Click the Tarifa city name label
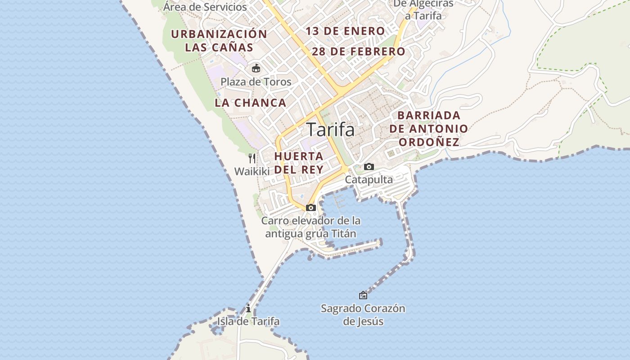[330, 130]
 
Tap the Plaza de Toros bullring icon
[256, 68]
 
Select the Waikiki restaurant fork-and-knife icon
[252, 158]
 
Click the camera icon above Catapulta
[369, 167]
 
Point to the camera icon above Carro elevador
[310, 207]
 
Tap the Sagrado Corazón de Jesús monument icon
[363, 295]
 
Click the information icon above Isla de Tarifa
[248, 308]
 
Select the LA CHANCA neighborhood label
[250, 103]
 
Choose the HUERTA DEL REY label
[299, 162]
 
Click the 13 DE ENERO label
[345, 31]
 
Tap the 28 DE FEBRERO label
[358, 51]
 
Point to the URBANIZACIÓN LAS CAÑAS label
[219, 40]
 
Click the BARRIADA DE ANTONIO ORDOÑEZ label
[429, 129]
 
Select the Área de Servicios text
[205, 7]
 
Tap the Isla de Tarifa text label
[248, 321]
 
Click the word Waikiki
[252, 171]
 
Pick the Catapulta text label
[369, 180]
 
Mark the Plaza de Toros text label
[256, 82]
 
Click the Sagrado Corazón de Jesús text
[363, 315]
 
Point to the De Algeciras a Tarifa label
[423, 10]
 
